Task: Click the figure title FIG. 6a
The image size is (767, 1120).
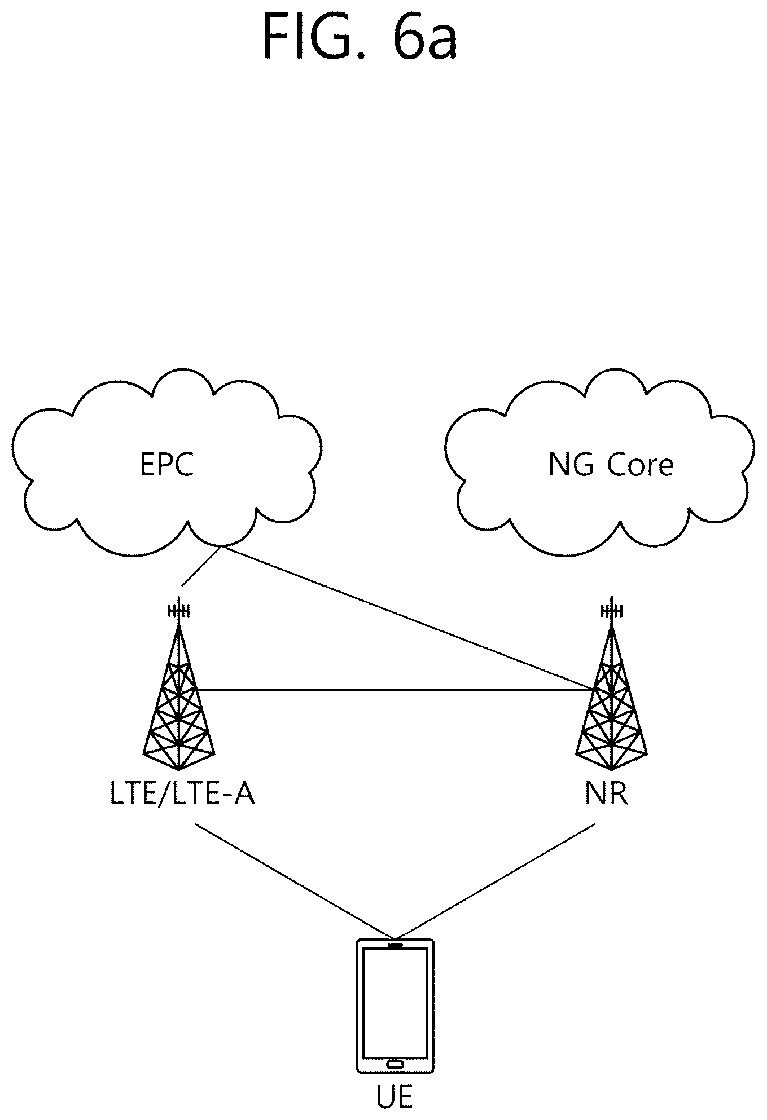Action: [x=360, y=37]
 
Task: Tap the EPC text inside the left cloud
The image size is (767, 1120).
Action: [x=167, y=465]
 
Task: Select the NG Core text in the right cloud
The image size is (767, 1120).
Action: [x=611, y=466]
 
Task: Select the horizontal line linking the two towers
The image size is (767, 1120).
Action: [x=395, y=689]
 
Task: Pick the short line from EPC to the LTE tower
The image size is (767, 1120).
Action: [x=201, y=566]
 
